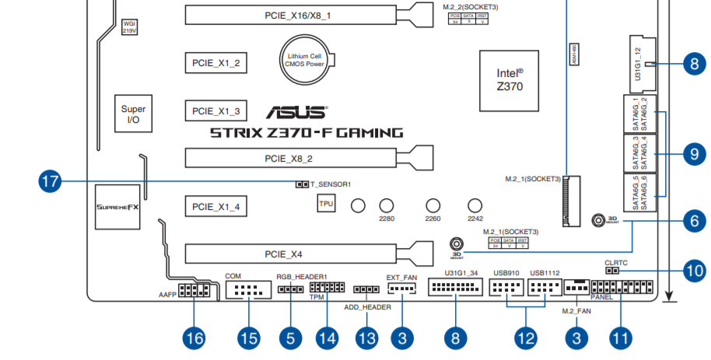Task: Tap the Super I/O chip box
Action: (x=133, y=115)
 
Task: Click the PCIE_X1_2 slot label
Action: (x=216, y=63)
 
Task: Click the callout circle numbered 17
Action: (x=51, y=183)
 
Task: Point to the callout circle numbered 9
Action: (x=693, y=153)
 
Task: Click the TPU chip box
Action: (x=326, y=204)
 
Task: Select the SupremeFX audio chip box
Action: (x=117, y=208)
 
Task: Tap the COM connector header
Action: (x=248, y=292)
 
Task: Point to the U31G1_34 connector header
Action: (x=455, y=289)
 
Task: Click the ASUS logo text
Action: (x=299, y=113)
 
